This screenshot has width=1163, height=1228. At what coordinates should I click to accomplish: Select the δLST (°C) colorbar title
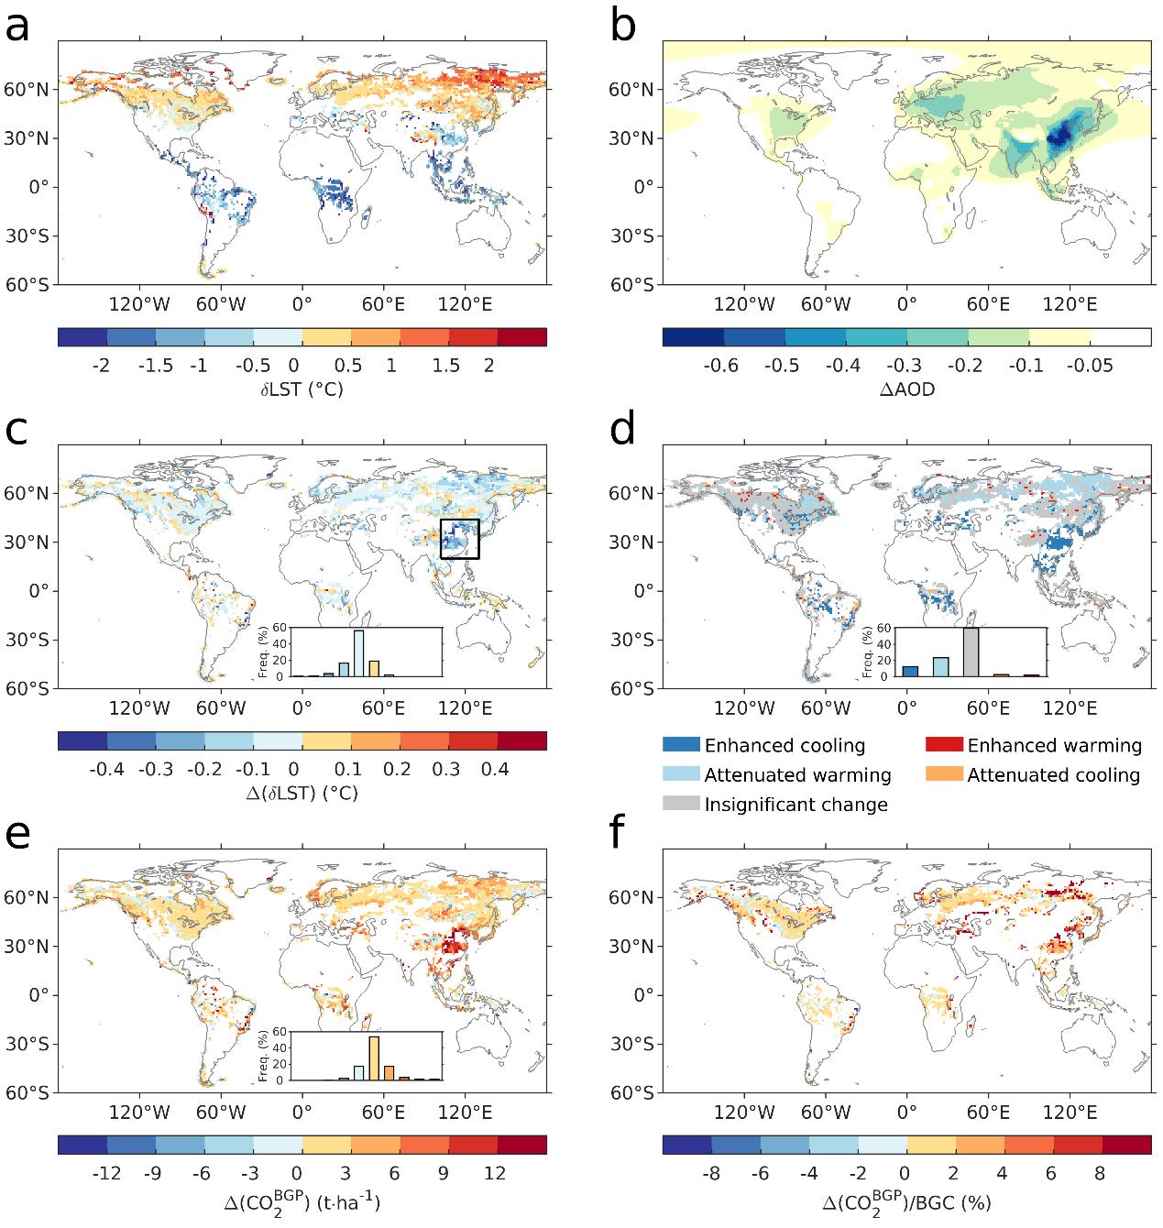(x=302, y=389)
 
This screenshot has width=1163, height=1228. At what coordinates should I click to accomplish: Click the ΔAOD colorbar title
(x=905, y=389)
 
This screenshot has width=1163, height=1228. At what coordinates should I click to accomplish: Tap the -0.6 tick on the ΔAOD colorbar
(x=720, y=366)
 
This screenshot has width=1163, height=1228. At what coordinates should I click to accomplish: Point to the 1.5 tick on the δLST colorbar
(x=446, y=366)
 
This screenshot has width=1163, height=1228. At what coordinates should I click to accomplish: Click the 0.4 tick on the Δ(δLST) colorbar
(x=494, y=769)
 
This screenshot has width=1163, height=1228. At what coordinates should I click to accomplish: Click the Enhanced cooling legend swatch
(x=680, y=746)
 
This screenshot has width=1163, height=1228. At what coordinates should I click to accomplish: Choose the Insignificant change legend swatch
(x=680, y=805)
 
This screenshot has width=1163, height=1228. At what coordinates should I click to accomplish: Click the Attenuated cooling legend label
(x=1053, y=775)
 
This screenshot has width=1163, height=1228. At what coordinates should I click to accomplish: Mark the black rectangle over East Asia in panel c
(x=459, y=539)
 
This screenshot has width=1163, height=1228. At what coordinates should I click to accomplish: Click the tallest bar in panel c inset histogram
(x=359, y=653)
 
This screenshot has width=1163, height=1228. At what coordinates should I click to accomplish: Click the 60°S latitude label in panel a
(x=30, y=284)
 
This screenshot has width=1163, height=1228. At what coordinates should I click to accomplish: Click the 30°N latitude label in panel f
(x=634, y=947)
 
